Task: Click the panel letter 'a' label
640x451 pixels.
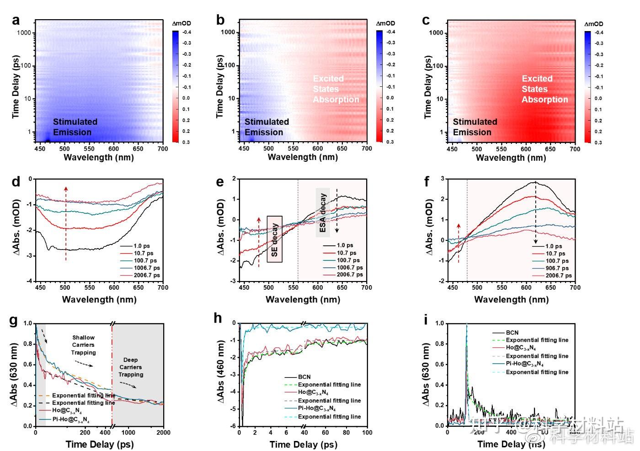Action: point(16,21)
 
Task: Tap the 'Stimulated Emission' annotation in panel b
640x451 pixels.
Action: point(267,127)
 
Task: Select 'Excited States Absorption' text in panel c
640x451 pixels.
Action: point(544,89)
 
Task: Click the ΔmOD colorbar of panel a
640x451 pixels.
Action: point(176,86)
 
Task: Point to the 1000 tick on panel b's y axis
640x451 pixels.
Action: point(228,32)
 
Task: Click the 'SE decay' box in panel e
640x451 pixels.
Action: point(274,239)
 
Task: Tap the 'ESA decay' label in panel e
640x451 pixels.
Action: point(323,212)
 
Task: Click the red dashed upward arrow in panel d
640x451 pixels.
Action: point(66,224)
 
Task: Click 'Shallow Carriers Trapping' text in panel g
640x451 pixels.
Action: point(83,345)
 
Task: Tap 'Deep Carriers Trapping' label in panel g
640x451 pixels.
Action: point(131,367)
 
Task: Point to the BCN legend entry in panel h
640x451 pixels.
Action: point(304,377)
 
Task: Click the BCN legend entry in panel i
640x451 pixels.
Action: point(512,333)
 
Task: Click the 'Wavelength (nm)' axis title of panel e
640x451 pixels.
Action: point(303,300)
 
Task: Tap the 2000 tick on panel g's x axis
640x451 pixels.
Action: point(163,433)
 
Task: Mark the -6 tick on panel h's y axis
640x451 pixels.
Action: point(233,426)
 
